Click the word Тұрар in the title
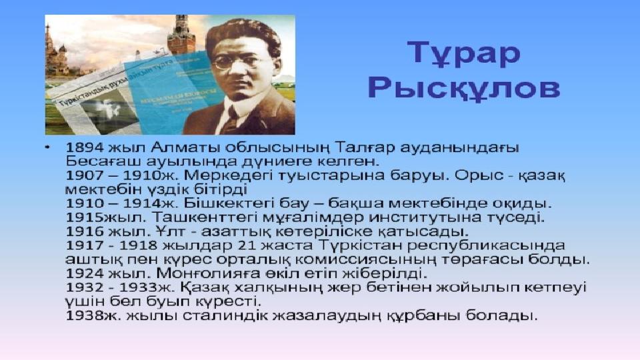pos(464,53)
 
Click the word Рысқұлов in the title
pos(464,87)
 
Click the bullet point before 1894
pos(48,146)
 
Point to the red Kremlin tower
pos(181,35)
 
